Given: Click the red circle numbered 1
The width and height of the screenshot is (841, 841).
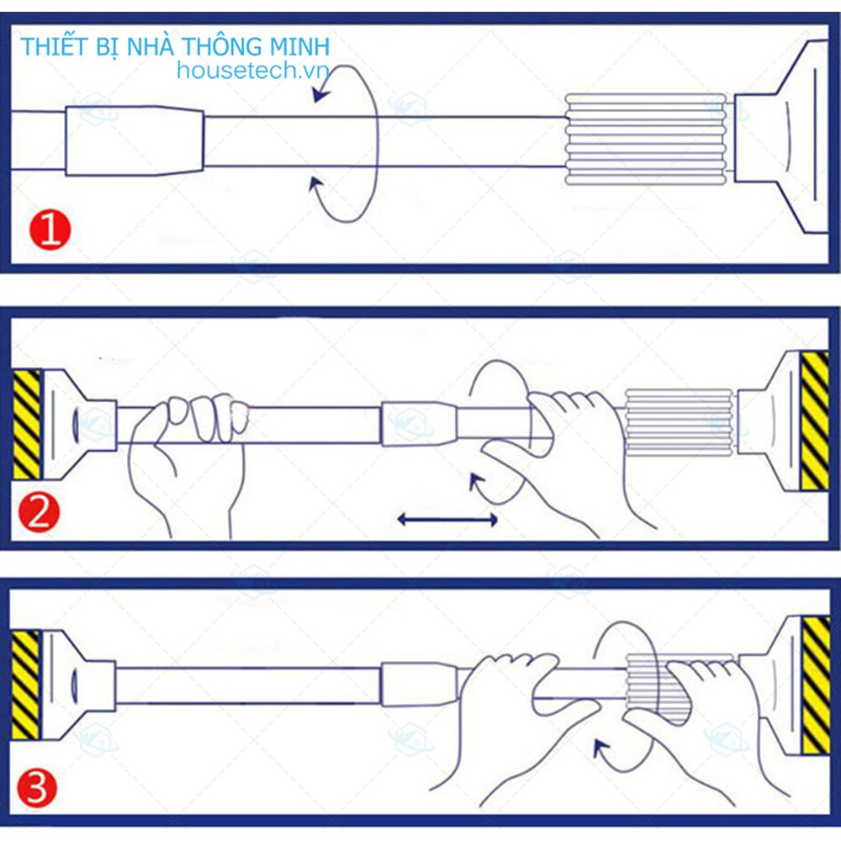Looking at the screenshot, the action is tap(50, 230).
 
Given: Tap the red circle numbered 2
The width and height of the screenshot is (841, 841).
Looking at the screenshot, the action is tap(39, 513).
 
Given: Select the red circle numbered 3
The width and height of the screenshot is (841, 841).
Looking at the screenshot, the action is tap(37, 789).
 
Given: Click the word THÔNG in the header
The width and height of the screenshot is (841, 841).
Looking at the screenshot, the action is tap(227, 46).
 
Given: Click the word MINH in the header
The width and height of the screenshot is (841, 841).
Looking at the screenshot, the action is tap(299, 46).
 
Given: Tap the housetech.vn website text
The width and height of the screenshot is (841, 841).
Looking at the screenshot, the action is tap(252, 71).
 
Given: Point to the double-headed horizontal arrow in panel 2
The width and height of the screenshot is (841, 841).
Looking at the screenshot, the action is tap(447, 519).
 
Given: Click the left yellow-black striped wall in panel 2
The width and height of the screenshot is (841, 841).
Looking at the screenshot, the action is tap(26, 424).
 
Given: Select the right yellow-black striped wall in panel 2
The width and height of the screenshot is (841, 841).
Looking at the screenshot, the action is tap(814, 420).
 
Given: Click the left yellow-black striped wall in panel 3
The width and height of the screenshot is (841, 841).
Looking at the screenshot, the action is tap(25, 685).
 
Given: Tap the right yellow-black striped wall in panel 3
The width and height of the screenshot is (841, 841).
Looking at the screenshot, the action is tap(816, 685).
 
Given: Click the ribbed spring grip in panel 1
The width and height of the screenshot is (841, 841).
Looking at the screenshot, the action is tap(646, 140).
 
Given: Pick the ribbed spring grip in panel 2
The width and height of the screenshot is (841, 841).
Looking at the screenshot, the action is tap(679, 423).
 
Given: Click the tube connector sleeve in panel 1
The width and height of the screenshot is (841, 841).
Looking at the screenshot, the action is tap(135, 141).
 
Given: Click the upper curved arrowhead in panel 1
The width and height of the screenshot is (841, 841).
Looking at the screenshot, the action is tap(321, 95).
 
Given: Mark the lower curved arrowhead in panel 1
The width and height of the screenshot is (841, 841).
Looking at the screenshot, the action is tap(316, 185).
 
